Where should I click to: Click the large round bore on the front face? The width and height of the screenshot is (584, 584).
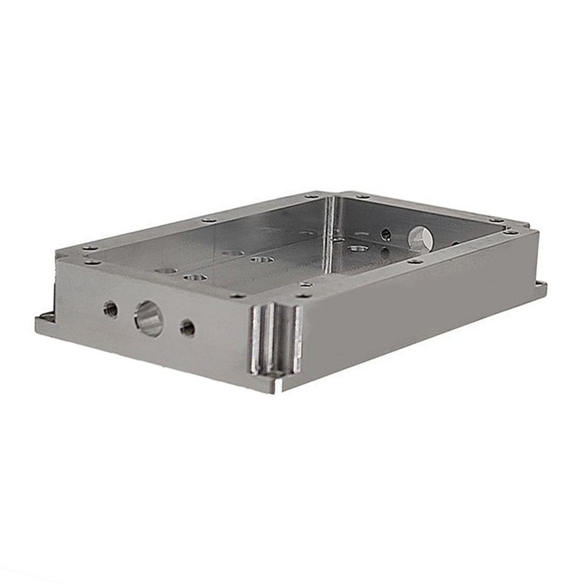(x=148, y=318)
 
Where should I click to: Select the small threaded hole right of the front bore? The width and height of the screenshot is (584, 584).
(x=187, y=327)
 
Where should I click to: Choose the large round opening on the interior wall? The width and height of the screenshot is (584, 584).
(x=420, y=238)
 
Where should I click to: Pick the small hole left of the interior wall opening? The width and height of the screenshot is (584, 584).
(x=385, y=235)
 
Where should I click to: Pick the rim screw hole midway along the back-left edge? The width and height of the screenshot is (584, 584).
(x=207, y=221)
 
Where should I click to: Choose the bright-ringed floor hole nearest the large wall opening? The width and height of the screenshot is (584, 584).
(x=356, y=249)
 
